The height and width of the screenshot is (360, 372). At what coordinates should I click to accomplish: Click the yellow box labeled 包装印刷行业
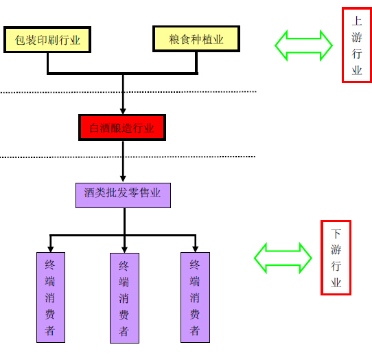47,39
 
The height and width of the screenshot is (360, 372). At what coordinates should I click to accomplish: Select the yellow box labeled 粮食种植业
196,38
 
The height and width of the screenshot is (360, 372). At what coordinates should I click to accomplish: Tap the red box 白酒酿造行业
122,128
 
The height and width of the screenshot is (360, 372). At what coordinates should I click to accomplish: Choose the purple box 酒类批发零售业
123,195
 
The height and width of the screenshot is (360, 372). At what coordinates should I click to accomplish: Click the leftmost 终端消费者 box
51,297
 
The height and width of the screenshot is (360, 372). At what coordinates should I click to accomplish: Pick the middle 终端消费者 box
124,298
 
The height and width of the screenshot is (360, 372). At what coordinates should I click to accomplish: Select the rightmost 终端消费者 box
195,297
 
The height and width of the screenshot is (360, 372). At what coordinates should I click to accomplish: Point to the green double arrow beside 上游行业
303,45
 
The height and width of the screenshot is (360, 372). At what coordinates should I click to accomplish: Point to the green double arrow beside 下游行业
283,258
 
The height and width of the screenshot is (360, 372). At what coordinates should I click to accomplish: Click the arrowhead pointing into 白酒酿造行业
123,111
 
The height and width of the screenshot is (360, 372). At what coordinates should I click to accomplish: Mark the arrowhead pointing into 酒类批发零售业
123,179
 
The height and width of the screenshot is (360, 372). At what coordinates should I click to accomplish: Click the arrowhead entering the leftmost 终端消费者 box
50,249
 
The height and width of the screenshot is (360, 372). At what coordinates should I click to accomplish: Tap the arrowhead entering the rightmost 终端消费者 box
195,249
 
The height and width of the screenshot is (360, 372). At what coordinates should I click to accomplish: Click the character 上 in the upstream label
357,21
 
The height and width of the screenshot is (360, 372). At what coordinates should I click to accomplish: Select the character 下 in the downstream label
336,234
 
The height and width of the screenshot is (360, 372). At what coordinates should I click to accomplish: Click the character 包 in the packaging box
20,40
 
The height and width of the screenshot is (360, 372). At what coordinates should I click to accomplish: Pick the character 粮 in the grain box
174,39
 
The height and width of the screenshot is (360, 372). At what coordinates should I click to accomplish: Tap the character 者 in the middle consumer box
124,331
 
